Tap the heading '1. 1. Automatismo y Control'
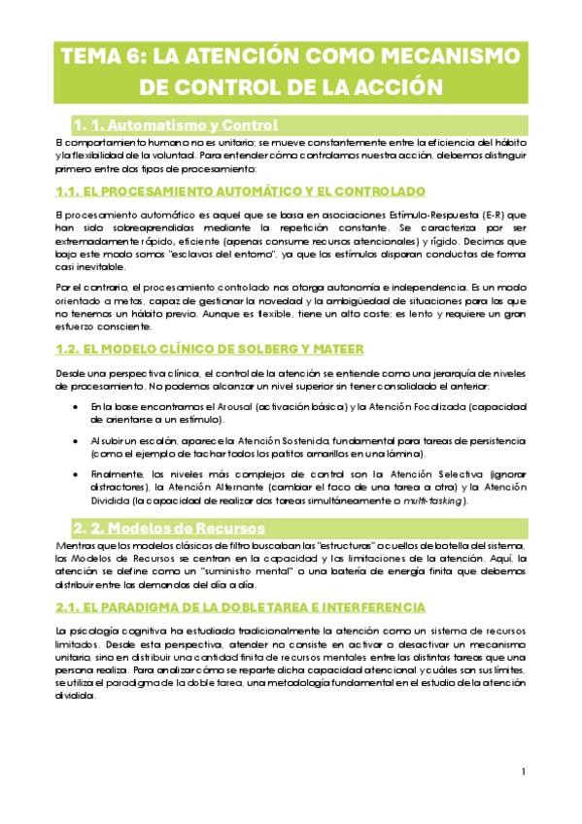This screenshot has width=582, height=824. pyautogui.click(x=176, y=125)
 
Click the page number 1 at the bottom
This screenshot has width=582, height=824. pyautogui.click(x=523, y=772)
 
